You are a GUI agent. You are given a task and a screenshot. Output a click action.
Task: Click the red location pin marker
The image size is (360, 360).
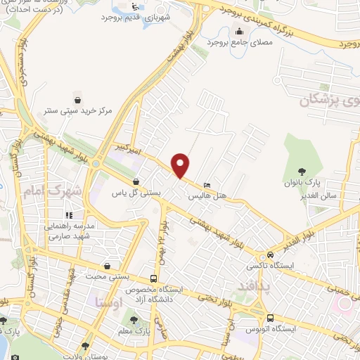(x=181, y=165)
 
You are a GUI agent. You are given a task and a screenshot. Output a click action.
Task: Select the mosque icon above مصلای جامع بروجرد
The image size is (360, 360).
(x=240, y=30)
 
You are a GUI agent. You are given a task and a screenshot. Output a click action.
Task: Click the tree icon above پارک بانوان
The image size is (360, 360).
(x=302, y=171)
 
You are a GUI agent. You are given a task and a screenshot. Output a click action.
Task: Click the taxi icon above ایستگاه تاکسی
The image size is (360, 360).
(x=270, y=256)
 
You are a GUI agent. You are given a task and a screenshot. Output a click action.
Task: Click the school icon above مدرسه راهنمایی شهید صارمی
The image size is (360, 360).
(x=69, y=215)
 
